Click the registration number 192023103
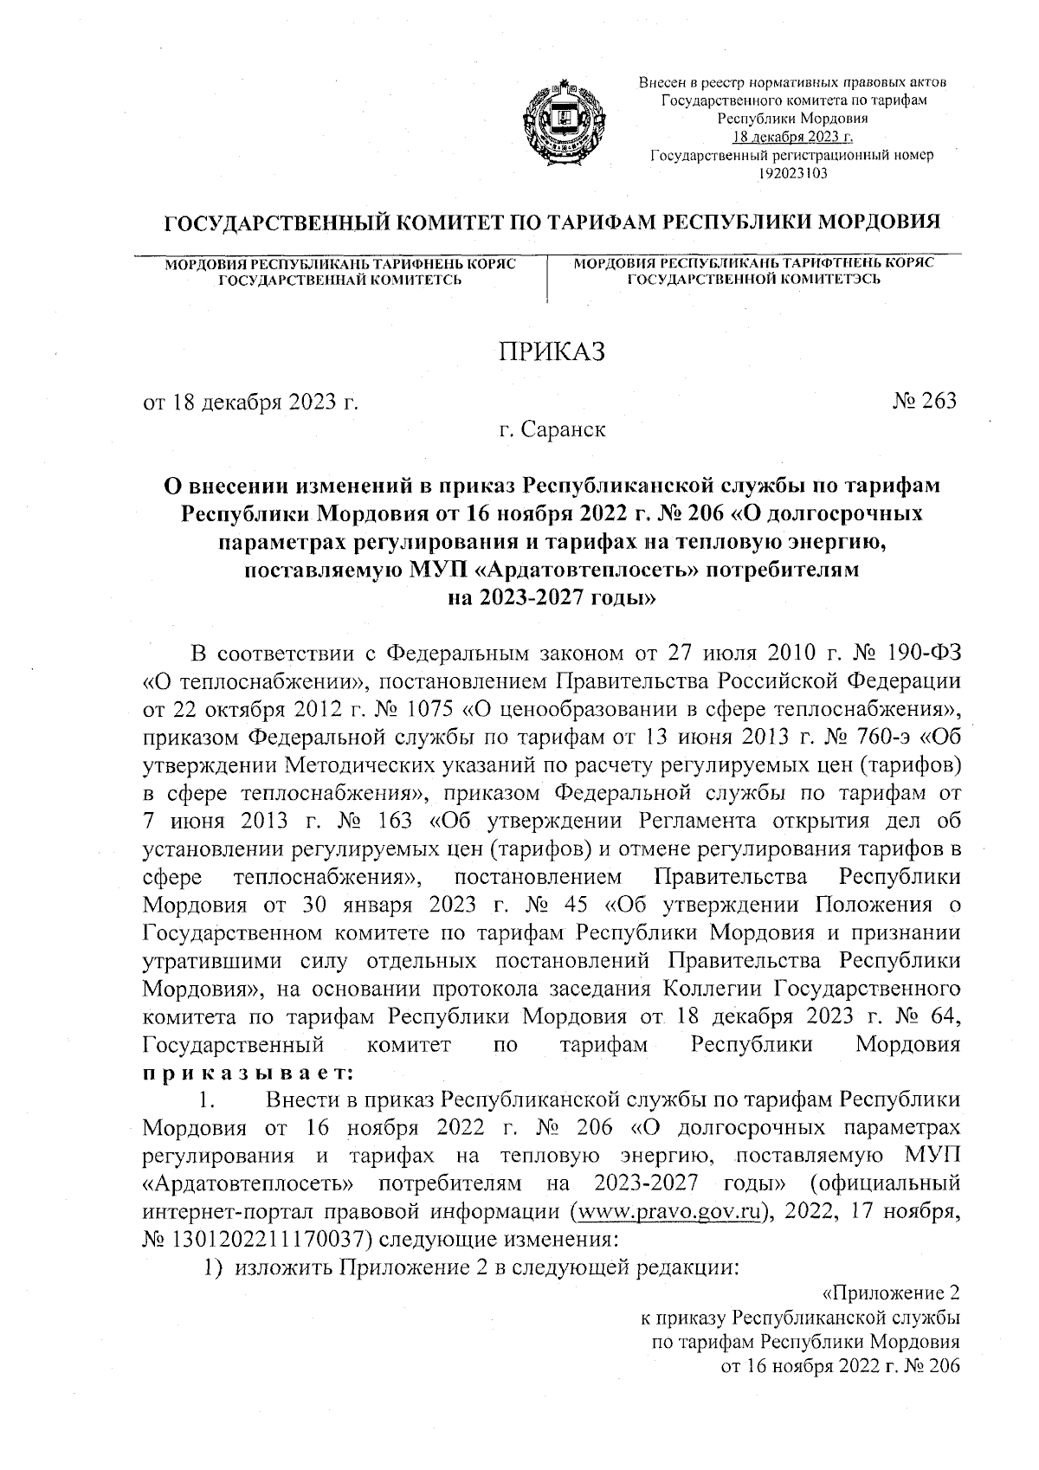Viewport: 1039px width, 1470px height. tap(792, 173)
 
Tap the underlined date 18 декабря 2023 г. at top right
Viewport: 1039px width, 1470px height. tap(792, 137)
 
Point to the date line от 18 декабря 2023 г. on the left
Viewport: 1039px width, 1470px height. tap(250, 402)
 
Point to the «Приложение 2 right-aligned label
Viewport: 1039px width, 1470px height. tap(891, 1293)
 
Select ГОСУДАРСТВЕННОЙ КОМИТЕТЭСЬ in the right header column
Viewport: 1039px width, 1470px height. tap(754, 279)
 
